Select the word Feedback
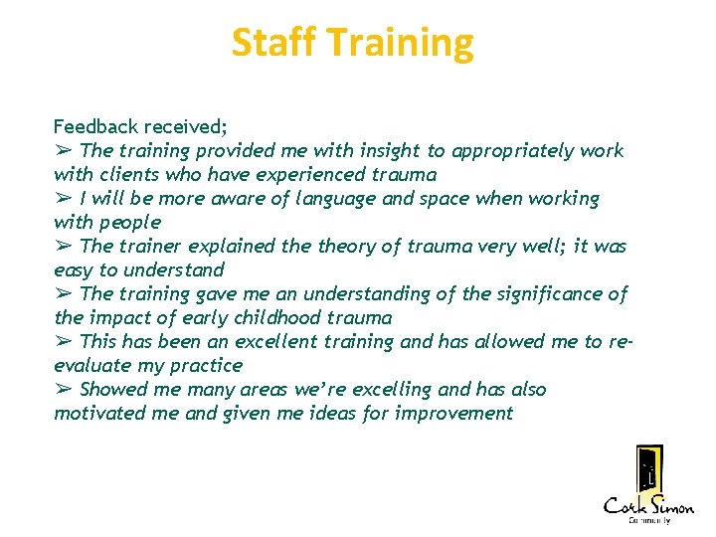[x=97, y=127]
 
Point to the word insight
[x=388, y=151]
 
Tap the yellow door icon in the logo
[x=649, y=469]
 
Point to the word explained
[x=211, y=247]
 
